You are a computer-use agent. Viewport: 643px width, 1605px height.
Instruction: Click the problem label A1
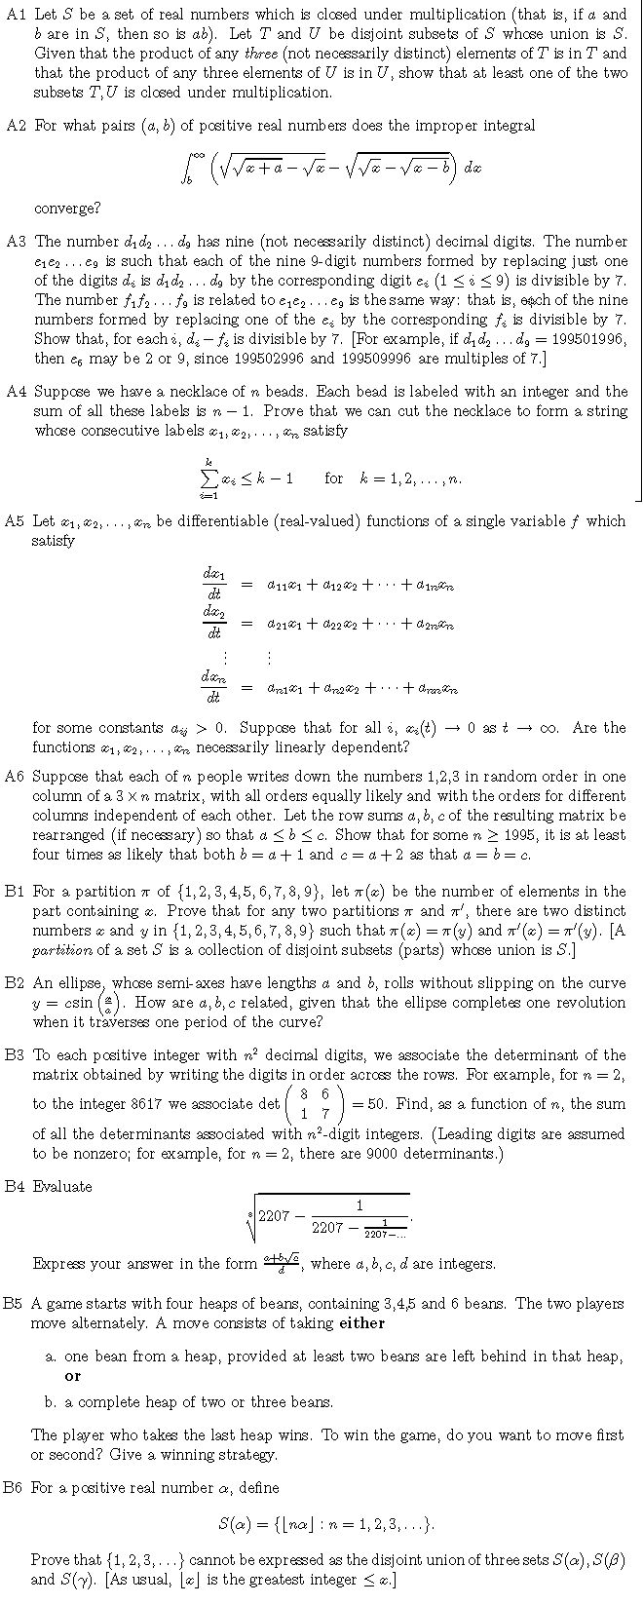click(16, 14)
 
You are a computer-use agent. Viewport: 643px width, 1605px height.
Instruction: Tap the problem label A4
click(16, 392)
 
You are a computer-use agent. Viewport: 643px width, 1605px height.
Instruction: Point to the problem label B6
click(15, 1488)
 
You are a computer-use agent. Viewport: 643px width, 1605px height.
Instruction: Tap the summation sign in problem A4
click(207, 478)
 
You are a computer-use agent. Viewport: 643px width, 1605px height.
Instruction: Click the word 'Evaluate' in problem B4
click(62, 1186)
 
